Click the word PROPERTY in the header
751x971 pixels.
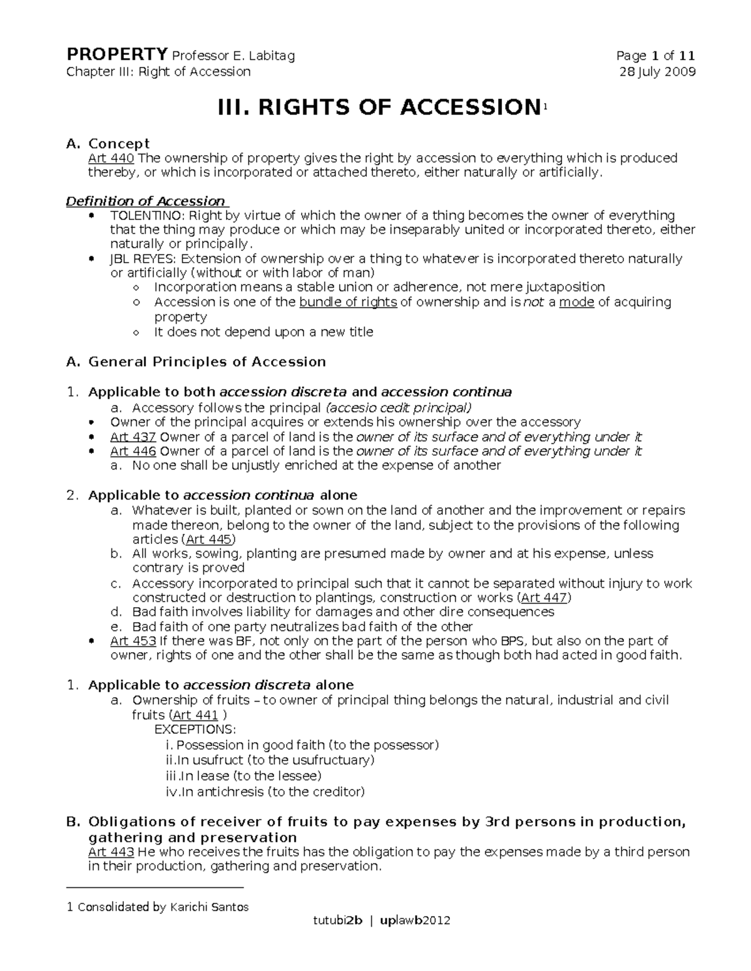(x=117, y=55)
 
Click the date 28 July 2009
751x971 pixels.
(x=657, y=71)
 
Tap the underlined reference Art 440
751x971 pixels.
(x=111, y=158)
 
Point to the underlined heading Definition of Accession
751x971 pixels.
(x=146, y=201)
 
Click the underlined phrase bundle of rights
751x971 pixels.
(x=348, y=302)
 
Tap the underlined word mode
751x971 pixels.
(x=576, y=302)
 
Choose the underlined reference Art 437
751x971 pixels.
(x=133, y=437)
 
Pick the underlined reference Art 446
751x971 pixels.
(x=133, y=451)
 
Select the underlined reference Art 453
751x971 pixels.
(x=133, y=641)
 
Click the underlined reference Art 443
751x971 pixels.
(x=111, y=852)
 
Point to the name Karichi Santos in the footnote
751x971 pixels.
(x=209, y=907)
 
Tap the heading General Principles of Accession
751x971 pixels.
(x=207, y=362)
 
